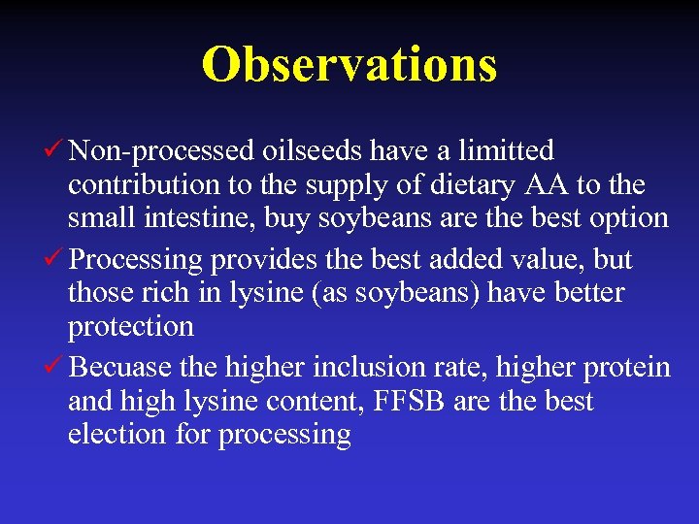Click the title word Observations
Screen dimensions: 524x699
[x=349, y=64]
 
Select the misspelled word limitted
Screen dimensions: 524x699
[x=506, y=151]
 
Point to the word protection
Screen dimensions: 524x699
[x=130, y=326]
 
